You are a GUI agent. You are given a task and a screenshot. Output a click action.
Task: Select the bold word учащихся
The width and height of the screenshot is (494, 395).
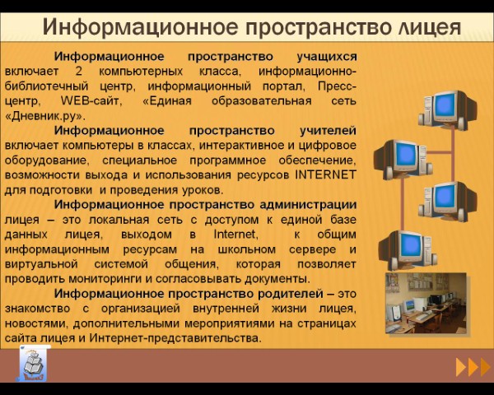point(327,57)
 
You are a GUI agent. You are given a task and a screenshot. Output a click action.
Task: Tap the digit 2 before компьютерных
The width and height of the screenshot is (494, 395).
point(79,72)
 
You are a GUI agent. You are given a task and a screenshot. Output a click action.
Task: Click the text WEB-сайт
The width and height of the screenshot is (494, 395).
point(90,100)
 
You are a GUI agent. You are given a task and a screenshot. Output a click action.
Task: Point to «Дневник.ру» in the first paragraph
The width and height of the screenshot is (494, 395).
point(45,116)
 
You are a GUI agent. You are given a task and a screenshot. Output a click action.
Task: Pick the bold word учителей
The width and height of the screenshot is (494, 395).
point(328,131)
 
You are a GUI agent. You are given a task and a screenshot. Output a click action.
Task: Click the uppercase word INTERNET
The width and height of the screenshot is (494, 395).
point(325,174)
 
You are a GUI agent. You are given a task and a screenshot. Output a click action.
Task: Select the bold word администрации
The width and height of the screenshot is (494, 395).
point(308,205)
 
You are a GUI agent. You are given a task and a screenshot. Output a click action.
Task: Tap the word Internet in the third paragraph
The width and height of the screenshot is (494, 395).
point(235,234)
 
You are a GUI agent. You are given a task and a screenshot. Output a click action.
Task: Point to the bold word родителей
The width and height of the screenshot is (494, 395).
point(290,294)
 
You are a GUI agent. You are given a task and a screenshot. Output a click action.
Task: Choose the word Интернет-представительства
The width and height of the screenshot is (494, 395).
point(175,338)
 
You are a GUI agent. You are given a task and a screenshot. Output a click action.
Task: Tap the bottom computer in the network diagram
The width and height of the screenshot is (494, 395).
point(408,250)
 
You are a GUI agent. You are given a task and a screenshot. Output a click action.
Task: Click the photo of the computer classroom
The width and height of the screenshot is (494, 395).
point(426,303)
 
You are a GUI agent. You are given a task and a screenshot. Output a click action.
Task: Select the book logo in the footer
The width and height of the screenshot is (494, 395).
point(34,364)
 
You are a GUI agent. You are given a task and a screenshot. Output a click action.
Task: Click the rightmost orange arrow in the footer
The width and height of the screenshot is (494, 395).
point(485,367)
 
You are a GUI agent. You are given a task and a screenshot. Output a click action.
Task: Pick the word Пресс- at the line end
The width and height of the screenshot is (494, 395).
point(337,86)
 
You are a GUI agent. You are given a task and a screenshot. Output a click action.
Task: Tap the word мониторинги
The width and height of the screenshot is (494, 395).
point(105,279)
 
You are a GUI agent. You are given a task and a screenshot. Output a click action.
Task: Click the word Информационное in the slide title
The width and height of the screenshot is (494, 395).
point(140,27)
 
